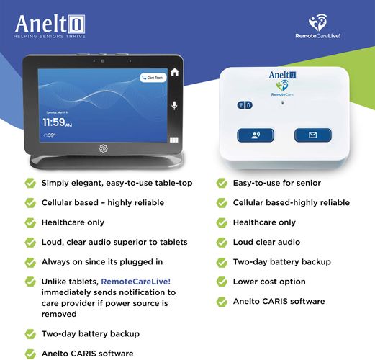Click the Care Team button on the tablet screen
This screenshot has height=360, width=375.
coord(153,78)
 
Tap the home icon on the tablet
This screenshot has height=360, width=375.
coord(174,72)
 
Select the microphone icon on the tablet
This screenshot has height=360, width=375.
coord(174,105)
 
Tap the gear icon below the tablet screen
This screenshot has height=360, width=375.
coord(103,148)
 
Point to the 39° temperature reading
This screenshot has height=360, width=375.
coord(50,135)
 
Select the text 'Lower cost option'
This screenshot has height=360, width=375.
coord(269,282)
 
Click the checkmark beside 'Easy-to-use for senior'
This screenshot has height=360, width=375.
coord(222,184)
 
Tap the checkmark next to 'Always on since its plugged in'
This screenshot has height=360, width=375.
coord(30,262)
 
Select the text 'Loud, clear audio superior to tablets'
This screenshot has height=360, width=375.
coord(114,242)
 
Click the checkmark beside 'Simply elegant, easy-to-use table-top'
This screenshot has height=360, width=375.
coord(30,184)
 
